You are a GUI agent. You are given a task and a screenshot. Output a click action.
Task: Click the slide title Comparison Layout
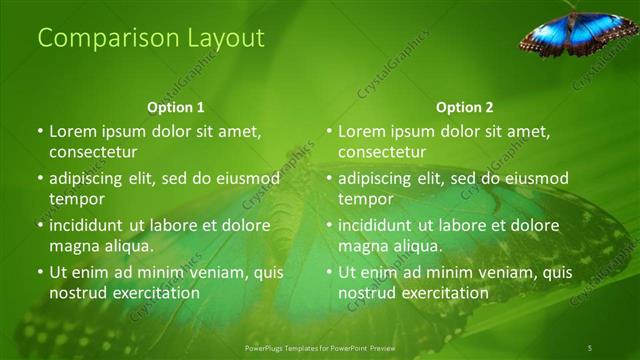pyautogui.click(x=150, y=39)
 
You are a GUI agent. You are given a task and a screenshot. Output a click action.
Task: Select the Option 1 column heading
pyautogui.click(x=176, y=107)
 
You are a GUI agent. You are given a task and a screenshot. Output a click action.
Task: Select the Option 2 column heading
pyautogui.click(x=464, y=107)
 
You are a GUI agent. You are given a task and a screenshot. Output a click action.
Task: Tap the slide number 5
pyautogui.click(x=589, y=347)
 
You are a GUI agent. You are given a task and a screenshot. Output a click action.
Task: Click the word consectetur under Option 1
pyautogui.click(x=93, y=153)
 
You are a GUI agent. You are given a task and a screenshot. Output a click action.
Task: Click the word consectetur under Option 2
pyautogui.click(x=382, y=153)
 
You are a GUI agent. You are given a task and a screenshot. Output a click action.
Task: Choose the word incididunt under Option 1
pyautogui.click(x=90, y=225)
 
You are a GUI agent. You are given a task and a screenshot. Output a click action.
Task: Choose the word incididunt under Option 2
pyautogui.click(x=379, y=225)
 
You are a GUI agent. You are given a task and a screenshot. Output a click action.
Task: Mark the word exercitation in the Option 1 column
pyautogui.click(x=155, y=293)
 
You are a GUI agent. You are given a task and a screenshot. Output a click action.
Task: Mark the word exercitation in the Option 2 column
pyautogui.click(x=444, y=293)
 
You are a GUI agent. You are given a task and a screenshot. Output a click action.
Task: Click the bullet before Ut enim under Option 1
pyautogui.click(x=40, y=272)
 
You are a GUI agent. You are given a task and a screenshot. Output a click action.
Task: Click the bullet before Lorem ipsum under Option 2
pyautogui.click(x=329, y=131)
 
